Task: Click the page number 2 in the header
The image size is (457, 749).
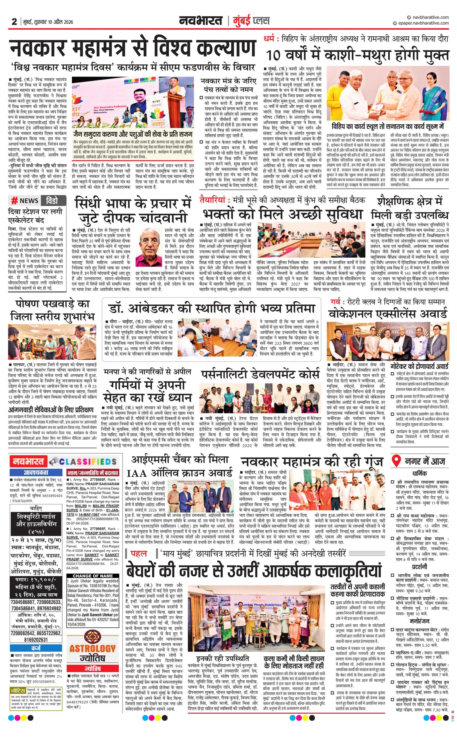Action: click(x=14, y=21)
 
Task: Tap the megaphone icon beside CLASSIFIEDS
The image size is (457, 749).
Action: click(x=54, y=461)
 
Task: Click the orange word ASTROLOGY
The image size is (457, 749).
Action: click(x=92, y=648)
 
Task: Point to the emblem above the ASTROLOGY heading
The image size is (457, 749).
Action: click(x=92, y=634)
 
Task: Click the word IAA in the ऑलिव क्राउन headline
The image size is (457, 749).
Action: click(x=140, y=473)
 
